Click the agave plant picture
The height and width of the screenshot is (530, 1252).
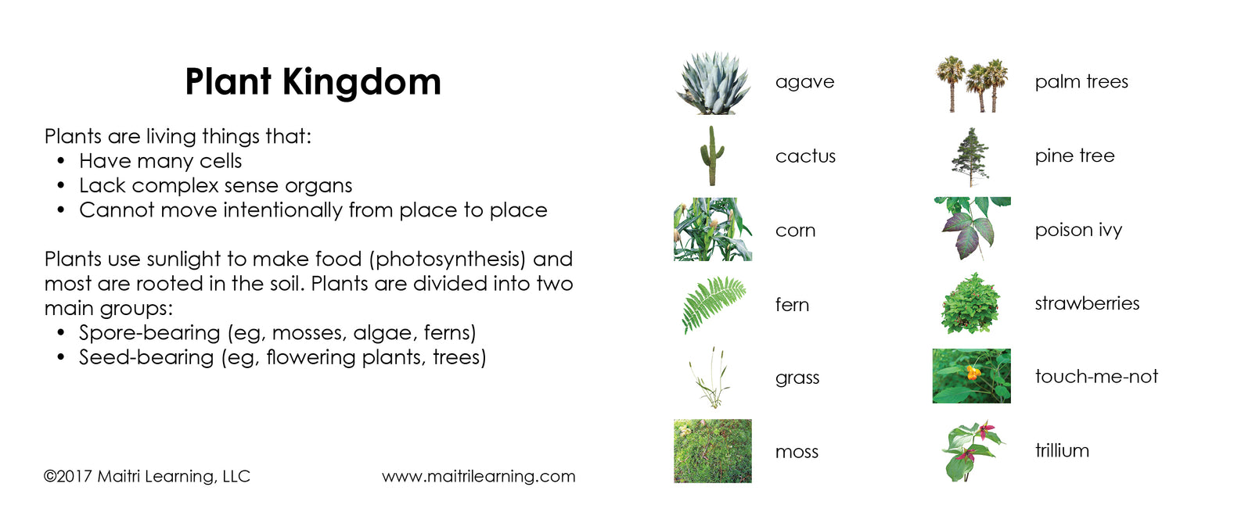tap(714, 84)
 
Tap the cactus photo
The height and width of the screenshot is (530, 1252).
tap(711, 156)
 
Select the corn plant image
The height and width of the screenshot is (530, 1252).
tap(712, 229)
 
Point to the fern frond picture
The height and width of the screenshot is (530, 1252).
tap(713, 303)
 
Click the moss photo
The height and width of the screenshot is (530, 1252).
tap(712, 451)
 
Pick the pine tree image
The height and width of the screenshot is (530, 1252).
tap(970, 156)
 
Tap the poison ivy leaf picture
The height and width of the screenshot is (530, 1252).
tap(971, 227)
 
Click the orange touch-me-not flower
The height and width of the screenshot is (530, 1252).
tap(973, 373)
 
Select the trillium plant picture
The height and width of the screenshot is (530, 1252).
tap(971, 450)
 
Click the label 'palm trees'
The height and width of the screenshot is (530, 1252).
tap(1081, 82)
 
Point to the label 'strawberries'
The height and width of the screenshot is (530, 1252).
tap(1087, 303)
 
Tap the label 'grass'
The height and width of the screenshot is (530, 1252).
tap(797, 378)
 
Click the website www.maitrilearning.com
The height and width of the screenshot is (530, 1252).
tap(478, 476)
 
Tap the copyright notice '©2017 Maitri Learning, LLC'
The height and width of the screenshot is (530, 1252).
tap(147, 476)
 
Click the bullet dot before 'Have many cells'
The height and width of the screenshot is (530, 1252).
tap(61, 161)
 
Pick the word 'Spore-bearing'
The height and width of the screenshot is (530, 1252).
tap(149, 333)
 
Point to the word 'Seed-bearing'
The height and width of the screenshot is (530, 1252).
tap(146, 357)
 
